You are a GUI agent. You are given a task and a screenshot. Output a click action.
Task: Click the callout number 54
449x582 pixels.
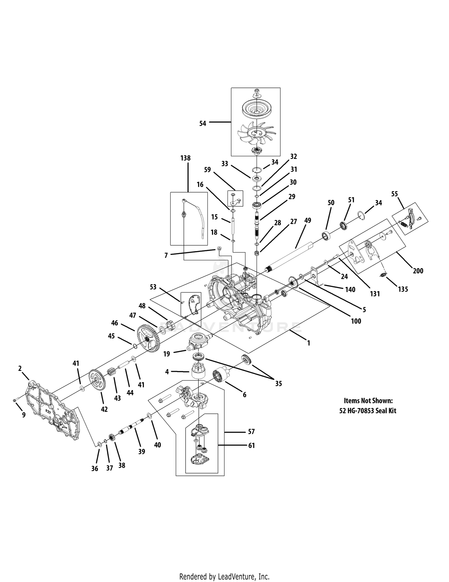pos(203,123)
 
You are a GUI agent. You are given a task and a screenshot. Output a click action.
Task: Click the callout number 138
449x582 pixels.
pos(185,158)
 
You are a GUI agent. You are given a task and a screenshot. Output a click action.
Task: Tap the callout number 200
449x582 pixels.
pos(418,271)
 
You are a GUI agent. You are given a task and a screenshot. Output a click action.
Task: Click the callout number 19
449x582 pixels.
pos(167,354)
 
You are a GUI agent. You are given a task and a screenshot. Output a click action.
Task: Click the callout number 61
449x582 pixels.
pos(251,446)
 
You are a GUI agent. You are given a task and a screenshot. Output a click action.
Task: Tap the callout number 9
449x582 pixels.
pos(24,415)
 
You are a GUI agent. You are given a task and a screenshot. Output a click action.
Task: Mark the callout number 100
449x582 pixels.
pos(356,321)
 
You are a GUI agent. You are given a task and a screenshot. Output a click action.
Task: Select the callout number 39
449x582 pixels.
pos(142,451)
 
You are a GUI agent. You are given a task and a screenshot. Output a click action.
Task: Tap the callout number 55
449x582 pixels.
pos(395,194)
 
